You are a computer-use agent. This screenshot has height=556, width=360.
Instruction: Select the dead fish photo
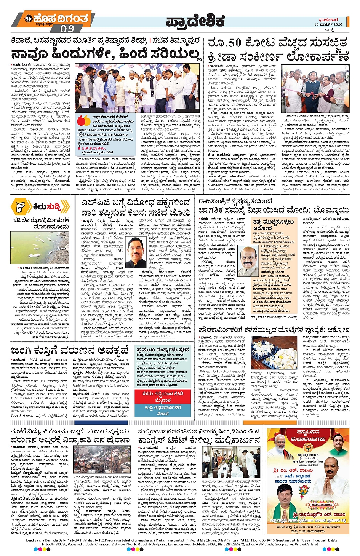point(40,243)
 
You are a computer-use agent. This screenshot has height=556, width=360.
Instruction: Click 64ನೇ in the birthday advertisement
point(289,476)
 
